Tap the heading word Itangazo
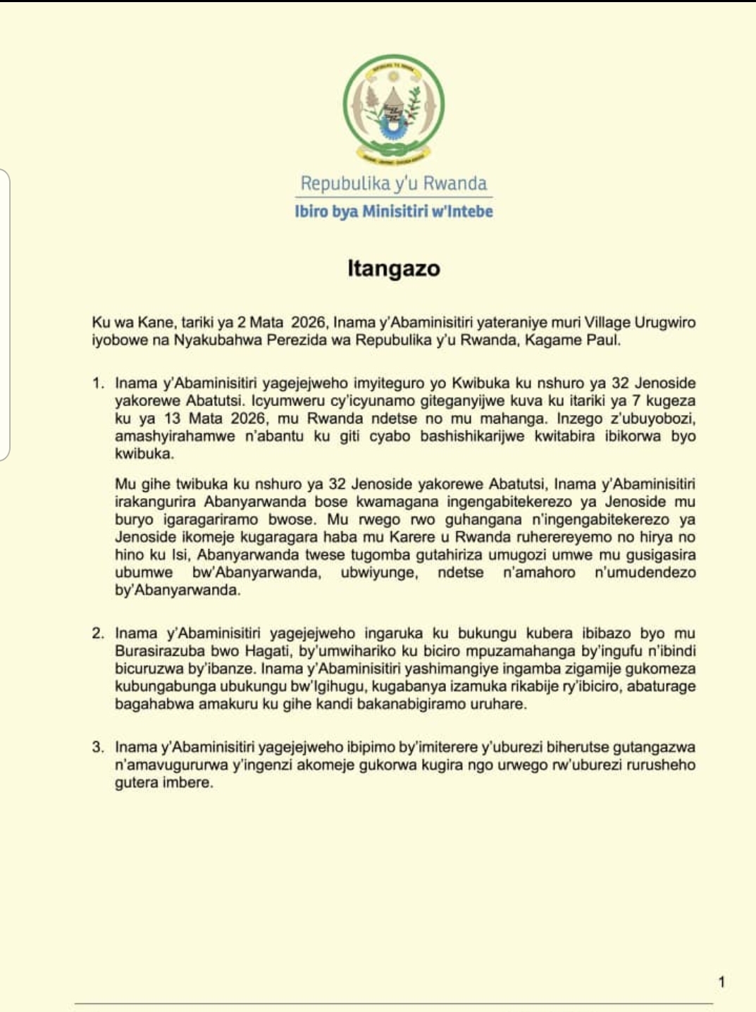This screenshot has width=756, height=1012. [393, 269]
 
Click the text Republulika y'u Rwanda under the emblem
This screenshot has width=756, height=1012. [393, 183]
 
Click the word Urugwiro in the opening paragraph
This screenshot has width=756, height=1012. [665, 323]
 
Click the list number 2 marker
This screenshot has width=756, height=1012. [98, 634]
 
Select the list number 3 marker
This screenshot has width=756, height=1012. [98, 747]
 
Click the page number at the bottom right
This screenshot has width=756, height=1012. [721, 982]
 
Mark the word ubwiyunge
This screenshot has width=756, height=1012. [379, 572]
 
